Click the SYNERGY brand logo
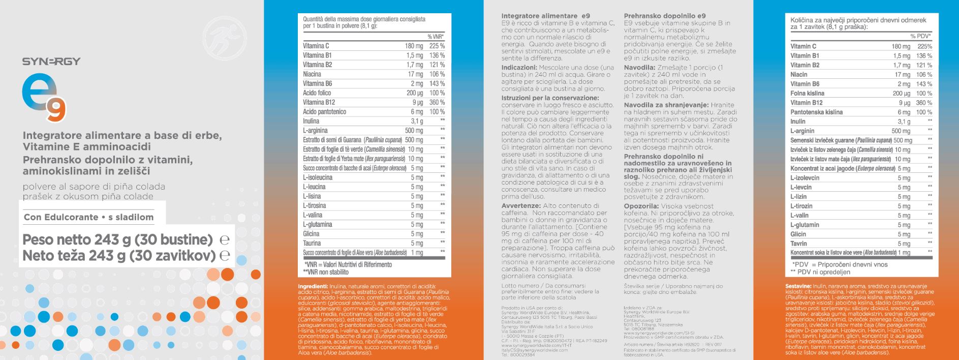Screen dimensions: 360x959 (51, 62)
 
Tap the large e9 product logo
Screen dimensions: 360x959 (44, 97)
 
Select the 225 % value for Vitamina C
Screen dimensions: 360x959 (437, 46)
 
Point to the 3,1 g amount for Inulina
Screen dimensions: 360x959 (417, 121)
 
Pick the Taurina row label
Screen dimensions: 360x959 (312, 243)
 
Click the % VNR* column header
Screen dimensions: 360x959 (436, 37)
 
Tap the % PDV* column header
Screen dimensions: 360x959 (920, 36)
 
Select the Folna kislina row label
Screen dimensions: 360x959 (807, 94)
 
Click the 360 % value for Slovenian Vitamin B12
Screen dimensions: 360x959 (924, 103)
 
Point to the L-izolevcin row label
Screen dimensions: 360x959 (805, 178)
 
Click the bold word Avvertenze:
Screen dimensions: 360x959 (520, 206)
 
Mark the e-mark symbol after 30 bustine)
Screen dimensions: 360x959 (224, 239)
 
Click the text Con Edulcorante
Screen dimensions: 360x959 (61, 217)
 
